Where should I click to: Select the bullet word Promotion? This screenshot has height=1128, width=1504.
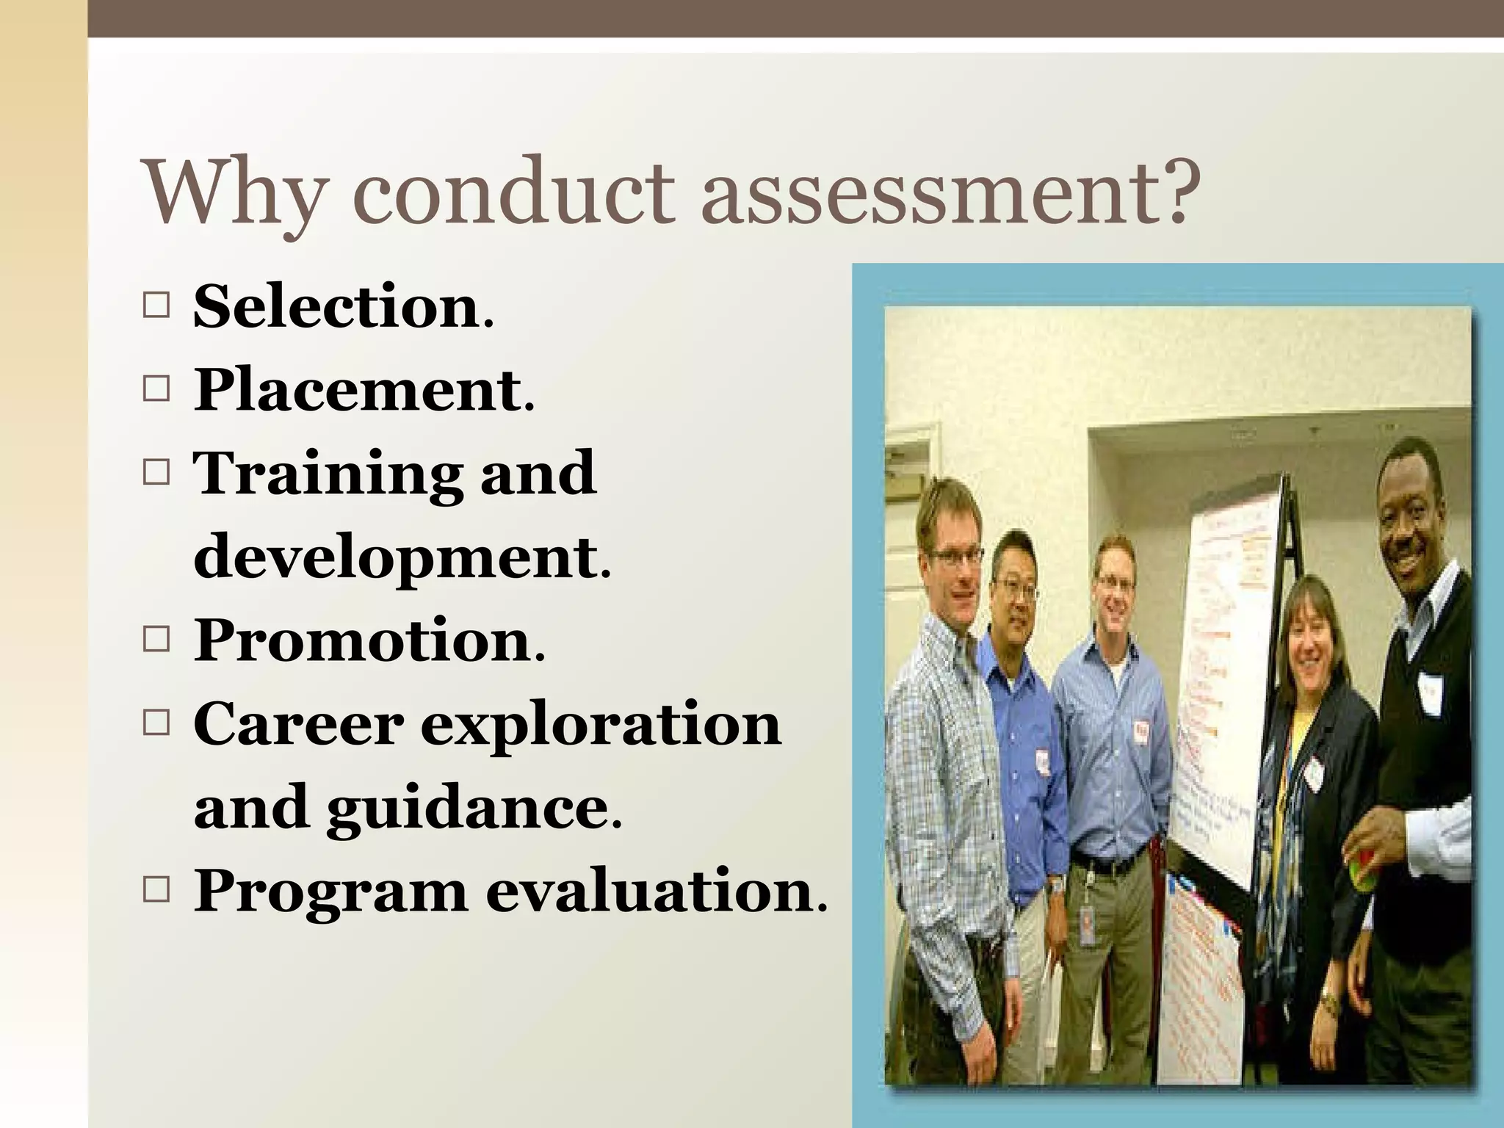click(x=363, y=640)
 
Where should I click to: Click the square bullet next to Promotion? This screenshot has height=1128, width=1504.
click(x=156, y=640)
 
